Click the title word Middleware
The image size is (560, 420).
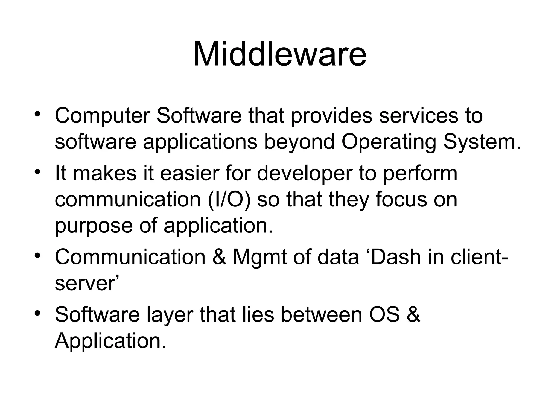click(x=279, y=54)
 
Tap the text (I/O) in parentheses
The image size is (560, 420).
click(x=229, y=200)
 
